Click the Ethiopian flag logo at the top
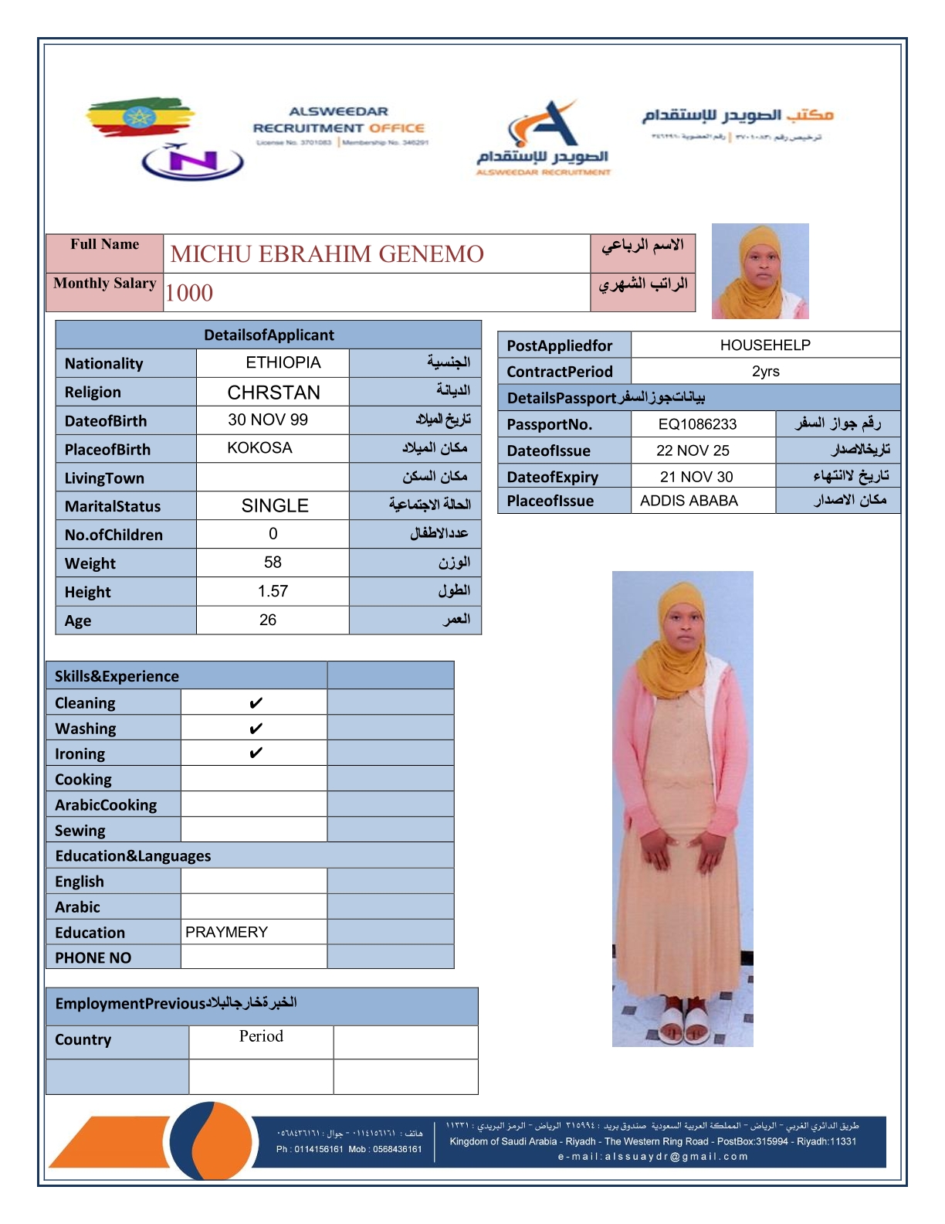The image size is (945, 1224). pos(139,117)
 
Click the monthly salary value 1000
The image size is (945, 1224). pos(189,293)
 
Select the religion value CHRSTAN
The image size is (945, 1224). pos(273,393)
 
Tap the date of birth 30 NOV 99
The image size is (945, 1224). pos(268,420)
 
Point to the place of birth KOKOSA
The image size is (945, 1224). pos(259,448)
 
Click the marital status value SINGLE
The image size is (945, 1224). pos(275,506)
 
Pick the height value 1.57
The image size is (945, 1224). pos(273,591)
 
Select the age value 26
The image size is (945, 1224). pos(268,620)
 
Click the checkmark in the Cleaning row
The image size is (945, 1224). pos(256,703)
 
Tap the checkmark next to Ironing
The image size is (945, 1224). pos(256,753)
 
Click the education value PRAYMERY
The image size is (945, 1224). pos(226,932)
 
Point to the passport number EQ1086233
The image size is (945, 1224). pos(697,424)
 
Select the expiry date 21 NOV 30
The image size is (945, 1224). pos(696,477)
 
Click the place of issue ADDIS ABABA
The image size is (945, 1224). pos(689,501)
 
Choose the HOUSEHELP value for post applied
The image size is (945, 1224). pos(765,345)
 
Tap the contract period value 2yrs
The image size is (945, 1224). pos(766,372)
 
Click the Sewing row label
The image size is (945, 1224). pos(80,831)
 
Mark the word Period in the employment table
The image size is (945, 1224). pos(261,1036)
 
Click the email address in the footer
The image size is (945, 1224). pos(653,1157)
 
